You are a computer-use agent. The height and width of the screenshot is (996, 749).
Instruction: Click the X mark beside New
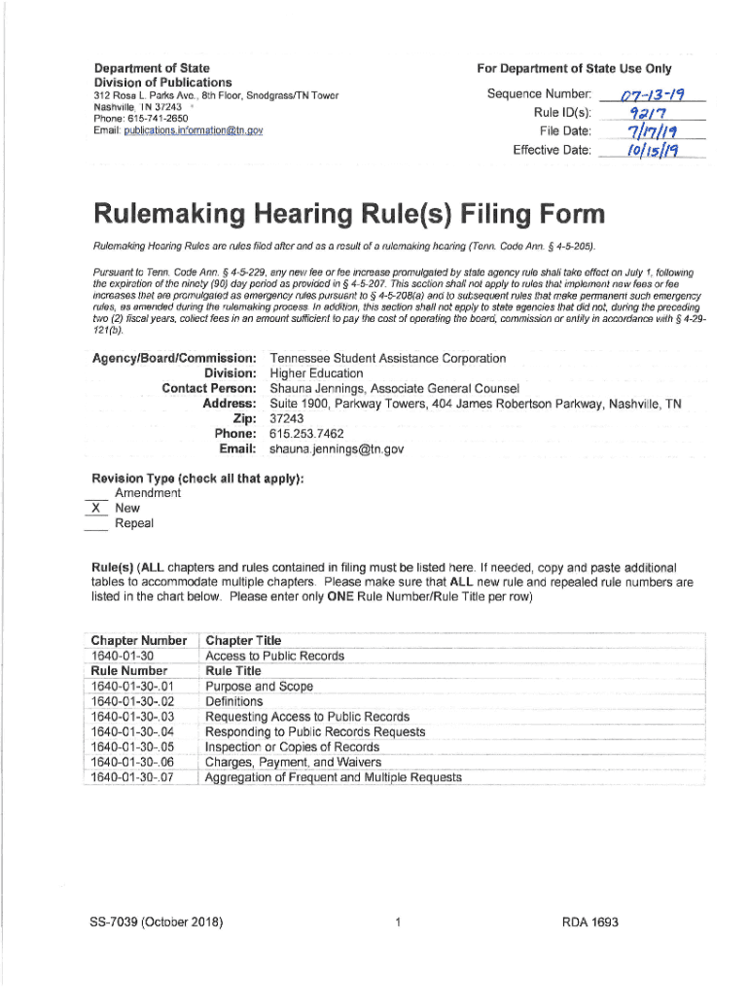(94, 508)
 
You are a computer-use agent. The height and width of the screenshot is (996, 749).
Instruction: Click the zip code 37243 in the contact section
(287, 419)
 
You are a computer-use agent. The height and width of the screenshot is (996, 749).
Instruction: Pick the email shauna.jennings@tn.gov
(337, 449)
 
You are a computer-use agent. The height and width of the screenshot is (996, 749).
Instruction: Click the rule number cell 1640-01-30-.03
(131, 717)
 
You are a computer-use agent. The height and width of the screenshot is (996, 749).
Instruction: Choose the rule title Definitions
(234, 701)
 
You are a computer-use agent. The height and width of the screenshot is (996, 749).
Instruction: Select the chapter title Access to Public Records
(275, 656)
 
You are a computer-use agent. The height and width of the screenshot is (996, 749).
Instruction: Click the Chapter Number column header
(138, 640)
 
